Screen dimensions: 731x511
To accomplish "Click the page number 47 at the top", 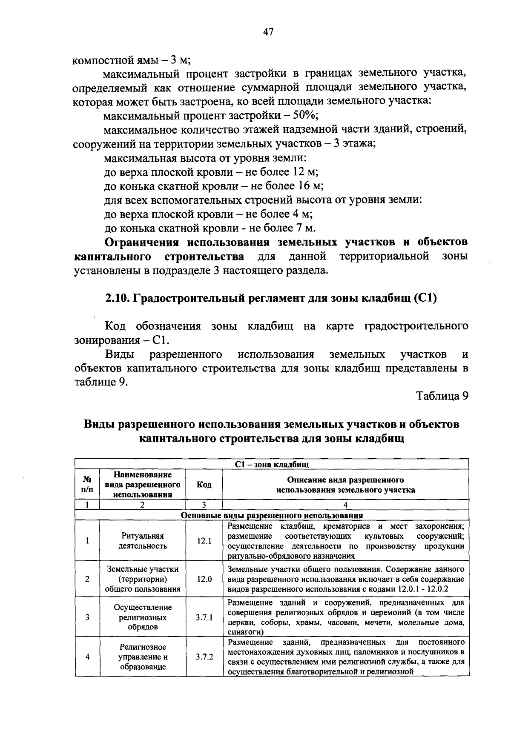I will point(268,32).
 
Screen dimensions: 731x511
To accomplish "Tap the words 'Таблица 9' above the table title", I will point(442,396).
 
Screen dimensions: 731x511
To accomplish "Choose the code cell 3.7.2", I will point(204,657).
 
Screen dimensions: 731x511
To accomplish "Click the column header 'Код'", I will point(204,485).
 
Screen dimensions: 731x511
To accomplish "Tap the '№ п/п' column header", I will point(87,485).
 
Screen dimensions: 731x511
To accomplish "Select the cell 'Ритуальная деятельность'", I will point(142,541).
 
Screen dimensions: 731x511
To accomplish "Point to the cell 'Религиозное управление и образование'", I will point(142,657).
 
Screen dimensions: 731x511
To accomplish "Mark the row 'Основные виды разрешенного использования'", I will point(272,515).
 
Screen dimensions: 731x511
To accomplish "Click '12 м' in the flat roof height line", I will point(304,172).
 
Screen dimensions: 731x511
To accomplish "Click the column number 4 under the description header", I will point(345,505).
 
